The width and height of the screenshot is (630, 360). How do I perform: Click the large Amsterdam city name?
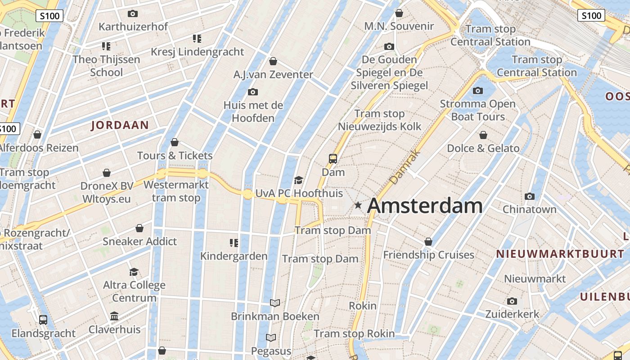pyautogui.click(x=424, y=206)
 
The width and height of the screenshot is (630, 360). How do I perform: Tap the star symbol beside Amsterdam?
pyautogui.click(x=358, y=205)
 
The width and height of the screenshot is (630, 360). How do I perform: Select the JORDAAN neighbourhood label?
pyautogui.click(x=120, y=125)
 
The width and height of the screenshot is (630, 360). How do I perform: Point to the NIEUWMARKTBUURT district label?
pyautogui.click(x=560, y=254)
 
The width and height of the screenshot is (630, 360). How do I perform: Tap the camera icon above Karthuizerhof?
pyautogui.click(x=132, y=13)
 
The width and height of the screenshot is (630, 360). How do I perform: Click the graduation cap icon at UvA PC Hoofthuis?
pyautogui.click(x=298, y=180)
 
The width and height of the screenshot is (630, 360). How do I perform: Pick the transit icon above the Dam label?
pyautogui.click(x=333, y=158)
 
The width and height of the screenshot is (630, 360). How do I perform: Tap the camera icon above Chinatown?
pyautogui.click(x=530, y=196)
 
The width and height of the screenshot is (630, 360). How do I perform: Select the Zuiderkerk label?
pyautogui.click(x=512, y=314)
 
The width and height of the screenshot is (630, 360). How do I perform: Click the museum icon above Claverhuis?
pyautogui.click(x=114, y=316)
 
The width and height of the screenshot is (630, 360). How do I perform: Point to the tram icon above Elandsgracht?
pyautogui.click(x=43, y=320)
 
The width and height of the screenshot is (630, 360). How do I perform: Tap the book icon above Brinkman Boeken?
pyautogui.click(x=275, y=303)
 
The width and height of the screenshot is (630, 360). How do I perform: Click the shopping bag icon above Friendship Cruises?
pyautogui.click(x=428, y=242)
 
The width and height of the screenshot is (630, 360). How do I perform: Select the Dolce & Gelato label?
pyautogui.click(x=483, y=148)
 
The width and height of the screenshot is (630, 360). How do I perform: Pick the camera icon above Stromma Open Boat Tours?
pyautogui.click(x=478, y=91)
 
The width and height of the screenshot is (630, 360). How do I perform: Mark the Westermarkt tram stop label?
pyautogui.click(x=176, y=191)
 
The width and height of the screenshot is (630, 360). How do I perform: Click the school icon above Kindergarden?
pyautogui.click(x=234, y=243)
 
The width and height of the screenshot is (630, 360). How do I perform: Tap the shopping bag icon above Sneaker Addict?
pyautogui.click(x=139, y=228)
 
